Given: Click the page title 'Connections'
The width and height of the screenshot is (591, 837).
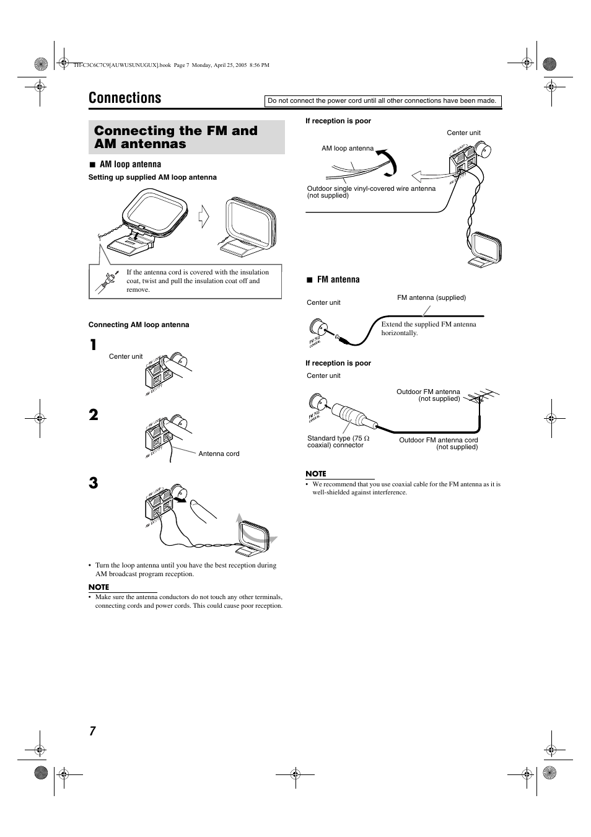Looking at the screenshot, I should (125, 98).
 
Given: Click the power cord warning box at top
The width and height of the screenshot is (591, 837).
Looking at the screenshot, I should (382, 101).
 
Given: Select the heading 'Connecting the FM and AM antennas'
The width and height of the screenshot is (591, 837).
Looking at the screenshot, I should (176, 137).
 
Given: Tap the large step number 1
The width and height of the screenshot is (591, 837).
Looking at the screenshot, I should (93, 345).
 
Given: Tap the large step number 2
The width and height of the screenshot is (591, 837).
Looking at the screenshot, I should (93, 414).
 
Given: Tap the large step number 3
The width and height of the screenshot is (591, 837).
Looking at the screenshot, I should (93, 483).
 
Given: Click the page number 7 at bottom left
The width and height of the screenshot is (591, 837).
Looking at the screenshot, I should (92, 731).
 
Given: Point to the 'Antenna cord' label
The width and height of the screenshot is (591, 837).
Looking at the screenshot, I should (219, 454).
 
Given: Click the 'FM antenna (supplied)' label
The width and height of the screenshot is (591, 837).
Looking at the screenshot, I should (431, 297).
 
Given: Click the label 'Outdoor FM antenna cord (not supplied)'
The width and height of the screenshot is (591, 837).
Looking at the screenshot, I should (439, 443).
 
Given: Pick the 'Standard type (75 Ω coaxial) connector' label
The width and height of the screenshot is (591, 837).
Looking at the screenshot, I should (338, 441).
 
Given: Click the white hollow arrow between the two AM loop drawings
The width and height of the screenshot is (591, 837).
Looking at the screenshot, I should (203, 217).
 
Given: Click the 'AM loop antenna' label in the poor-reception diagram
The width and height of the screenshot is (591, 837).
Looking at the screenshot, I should (348, 148).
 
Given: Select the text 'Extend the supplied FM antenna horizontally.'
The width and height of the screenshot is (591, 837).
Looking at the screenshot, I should (429, 328).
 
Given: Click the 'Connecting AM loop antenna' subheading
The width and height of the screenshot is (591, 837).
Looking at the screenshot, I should (139, 325).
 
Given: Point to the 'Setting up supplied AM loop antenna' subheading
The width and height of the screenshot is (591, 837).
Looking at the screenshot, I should (152, 177).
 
